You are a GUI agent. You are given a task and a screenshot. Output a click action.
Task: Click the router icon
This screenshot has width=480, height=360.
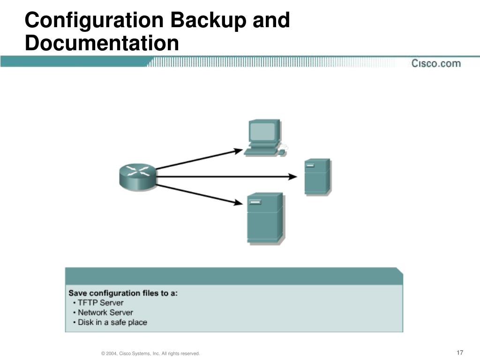pyautogui.click(x=137, y=176)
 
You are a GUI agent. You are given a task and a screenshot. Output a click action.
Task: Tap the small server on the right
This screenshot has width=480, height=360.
pyautogui.click(x=317, y=176)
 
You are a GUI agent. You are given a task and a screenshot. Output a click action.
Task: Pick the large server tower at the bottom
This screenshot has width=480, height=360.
pyautogui.click(x=265, y=217)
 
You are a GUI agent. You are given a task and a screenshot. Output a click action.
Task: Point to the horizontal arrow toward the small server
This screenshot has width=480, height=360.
pyautogui.click(x=225, y=177)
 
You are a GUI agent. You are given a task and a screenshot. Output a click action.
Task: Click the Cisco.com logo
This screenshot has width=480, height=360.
pyautogui.click(x=436, y=63)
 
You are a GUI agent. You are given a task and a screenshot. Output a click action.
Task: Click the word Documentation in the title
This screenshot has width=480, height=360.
pyautogui.click(x=102, y=44)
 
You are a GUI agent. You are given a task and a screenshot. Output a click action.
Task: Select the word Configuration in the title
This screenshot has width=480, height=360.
pyautogui.click(x=94, y=21)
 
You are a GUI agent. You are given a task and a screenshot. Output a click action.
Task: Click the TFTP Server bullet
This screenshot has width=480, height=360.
pyautogui.click(x=100, y=303)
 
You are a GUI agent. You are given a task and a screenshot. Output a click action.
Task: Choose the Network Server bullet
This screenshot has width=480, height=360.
pyautogui.click(x=105, y=313)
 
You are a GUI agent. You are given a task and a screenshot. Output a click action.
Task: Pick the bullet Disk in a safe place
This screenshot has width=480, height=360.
pyautogui.click(x=112, y=322)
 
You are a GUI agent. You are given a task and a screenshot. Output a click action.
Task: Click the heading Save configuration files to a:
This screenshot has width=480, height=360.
pyautogui.click(x=123, y=293)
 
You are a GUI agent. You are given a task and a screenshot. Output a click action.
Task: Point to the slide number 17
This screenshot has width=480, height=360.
pyautogui.click(x=459, y=352)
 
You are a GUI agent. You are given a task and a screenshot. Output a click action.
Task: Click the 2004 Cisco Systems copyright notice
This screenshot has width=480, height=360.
pyautogui.click(x=150, y=353)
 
